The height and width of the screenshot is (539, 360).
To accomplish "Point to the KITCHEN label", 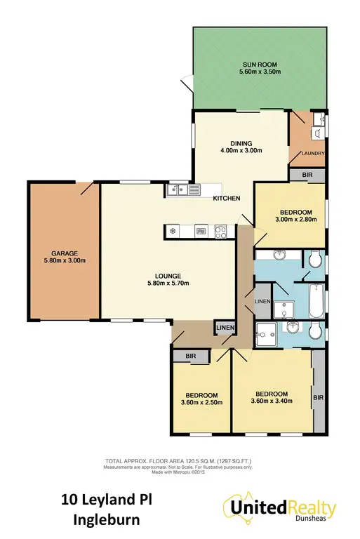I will pos(227,199).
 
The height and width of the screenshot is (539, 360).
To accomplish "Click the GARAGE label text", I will pos(63,253).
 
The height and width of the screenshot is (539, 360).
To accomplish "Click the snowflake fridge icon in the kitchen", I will pos(172,229).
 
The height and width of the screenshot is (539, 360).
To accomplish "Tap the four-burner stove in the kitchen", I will pos(220,229).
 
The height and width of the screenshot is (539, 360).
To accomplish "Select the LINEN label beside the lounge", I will pos(224,327).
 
